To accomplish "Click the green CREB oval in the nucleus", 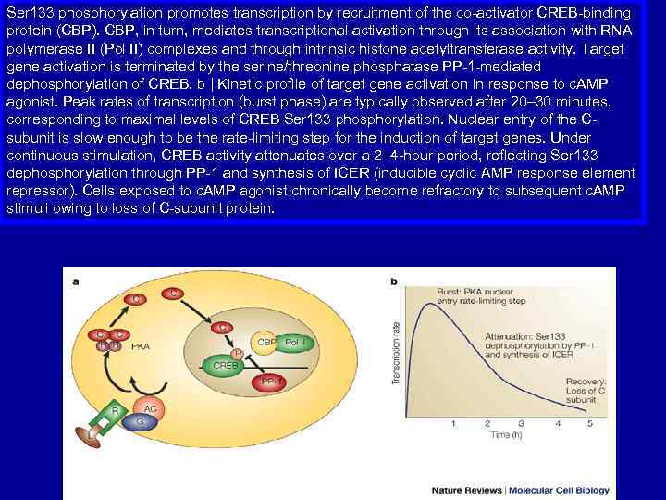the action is point(226,365).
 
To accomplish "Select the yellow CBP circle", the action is point(265,343).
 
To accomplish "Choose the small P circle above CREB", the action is point(238,352).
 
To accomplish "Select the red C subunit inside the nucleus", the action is point(222,328).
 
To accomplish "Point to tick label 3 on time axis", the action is point(521,422).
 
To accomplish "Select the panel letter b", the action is point(395,281).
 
